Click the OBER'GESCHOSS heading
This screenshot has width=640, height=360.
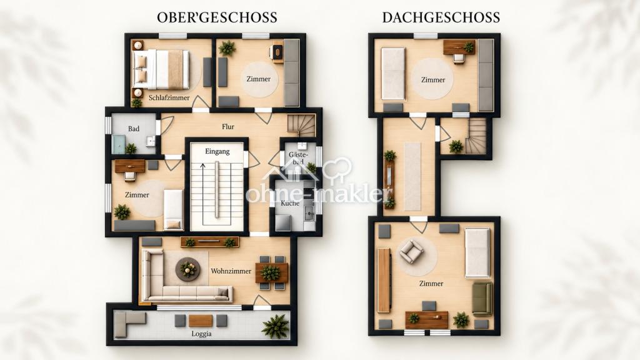coord(217,17)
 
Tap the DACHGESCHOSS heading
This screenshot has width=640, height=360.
coord(441,17)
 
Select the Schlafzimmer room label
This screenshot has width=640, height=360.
coord(169,97)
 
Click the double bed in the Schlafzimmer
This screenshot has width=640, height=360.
coord(162,69)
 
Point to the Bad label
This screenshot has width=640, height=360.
coord(134,129)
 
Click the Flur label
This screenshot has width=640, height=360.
coord(228,126)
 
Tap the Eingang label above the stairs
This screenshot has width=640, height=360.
coord(217,151)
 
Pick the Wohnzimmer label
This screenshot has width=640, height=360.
coord(231,271)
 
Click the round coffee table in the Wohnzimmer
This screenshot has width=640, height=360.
coord(187,269)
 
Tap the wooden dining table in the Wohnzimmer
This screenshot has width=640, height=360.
coord(271,272)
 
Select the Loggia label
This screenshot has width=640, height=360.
coord(202,334)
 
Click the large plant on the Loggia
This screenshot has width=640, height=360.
coord(276,326)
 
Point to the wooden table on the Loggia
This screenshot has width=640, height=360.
coord(201,321)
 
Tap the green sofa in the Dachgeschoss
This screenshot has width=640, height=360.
coord(482,298)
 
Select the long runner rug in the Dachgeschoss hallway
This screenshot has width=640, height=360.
coord(412,176)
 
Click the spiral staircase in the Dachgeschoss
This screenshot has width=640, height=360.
coord(476,136)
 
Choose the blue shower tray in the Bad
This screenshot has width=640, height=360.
coord(118,144)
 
